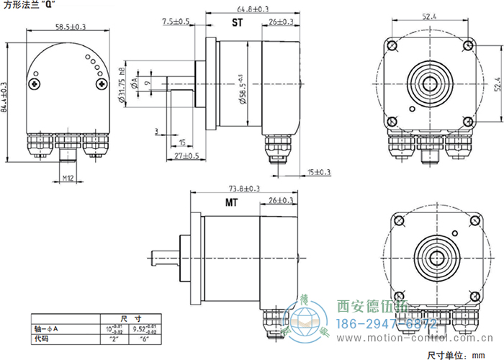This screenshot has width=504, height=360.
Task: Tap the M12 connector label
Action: pos(68,177)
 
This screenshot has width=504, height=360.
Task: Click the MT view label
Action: pos(231,203)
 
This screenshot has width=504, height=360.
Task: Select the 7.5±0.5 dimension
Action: pos(176,22)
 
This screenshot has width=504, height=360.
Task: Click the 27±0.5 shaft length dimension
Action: pos(186,156)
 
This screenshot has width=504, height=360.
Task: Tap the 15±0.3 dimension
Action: pos(319,172)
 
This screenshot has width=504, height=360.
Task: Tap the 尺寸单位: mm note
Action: pos(458,354)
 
